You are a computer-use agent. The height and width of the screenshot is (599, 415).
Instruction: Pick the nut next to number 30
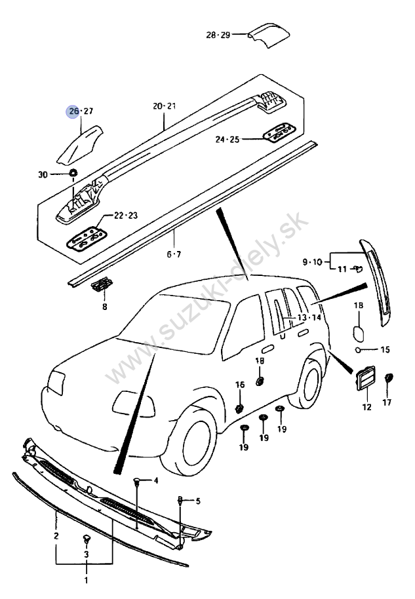[x=73, y=174]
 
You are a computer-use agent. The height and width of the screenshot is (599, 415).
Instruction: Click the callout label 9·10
[x=313, y=261]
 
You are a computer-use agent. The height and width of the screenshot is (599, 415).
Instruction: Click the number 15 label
[x=385, y=350]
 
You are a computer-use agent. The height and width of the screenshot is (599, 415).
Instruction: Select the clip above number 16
[x=239, y=408]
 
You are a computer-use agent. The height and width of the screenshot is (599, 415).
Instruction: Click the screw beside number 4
[x=138, y=482]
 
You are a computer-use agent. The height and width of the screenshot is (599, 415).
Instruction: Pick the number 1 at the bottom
[x=85, y=581]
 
